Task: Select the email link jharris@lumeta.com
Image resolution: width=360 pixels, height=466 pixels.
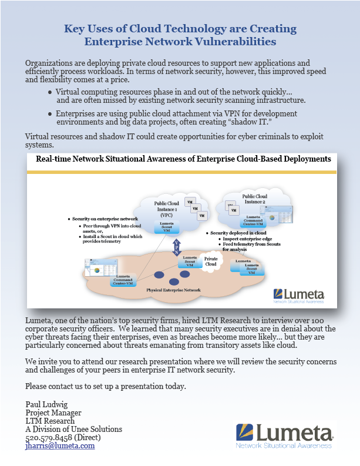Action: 60,445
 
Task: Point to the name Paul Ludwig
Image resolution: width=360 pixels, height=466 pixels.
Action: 46,404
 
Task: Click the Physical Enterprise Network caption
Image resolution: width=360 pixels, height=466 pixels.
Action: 173,290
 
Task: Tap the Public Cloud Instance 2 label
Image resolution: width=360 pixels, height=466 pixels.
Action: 254,199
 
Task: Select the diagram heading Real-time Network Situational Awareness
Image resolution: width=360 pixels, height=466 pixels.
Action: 183,159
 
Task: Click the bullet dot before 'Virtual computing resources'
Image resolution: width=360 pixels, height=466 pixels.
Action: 51,92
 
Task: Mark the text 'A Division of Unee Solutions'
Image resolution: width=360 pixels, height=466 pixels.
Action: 73,429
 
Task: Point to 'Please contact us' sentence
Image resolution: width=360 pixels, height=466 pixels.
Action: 106,386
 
